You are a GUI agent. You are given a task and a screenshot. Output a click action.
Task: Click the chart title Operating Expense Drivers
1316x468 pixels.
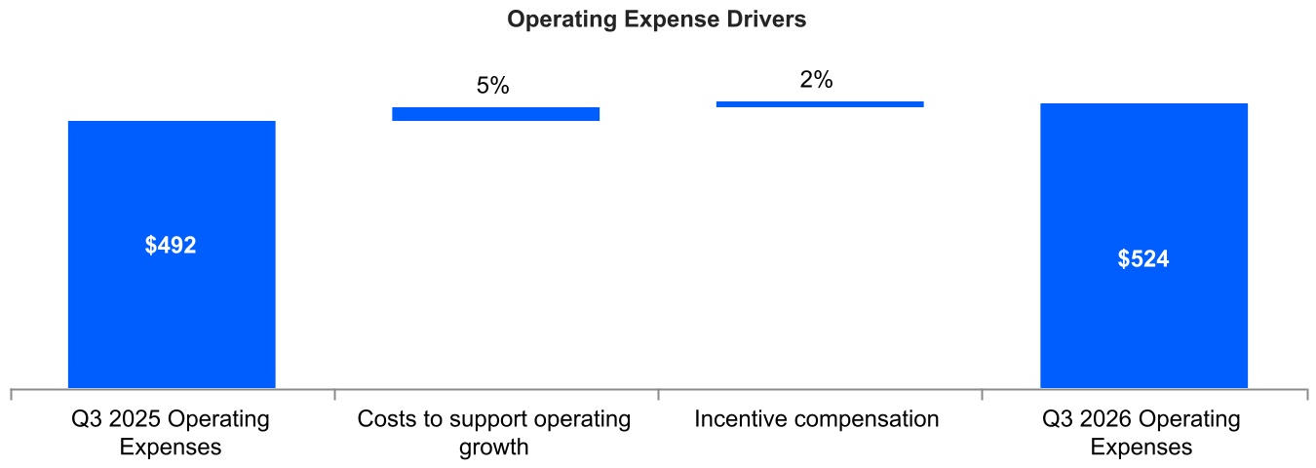click(x=656, y=19)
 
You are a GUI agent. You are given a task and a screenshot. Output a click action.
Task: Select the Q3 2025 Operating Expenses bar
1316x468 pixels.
click(x=172, y=254)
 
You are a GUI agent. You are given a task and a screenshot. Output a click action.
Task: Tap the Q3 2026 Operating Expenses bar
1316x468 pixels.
click(x=1143, y=246)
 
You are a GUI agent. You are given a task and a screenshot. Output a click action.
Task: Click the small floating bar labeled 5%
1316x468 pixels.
click(x=496, y=114)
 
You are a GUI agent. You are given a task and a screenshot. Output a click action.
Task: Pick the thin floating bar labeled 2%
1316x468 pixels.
click(x=820, y=104)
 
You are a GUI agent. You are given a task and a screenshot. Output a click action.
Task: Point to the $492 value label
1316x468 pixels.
click(x=171, y=245)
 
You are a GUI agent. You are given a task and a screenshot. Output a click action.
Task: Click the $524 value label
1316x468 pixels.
click(x=1143, y=258)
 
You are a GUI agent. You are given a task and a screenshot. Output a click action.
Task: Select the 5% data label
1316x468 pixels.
click(x=493, y=86)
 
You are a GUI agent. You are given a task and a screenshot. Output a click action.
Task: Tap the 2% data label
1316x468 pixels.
click(x=816, y=79)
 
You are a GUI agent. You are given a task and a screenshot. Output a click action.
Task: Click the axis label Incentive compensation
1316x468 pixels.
click(x=817, y=419)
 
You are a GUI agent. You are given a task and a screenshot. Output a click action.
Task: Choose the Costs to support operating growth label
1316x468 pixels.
click(x=494, y=433)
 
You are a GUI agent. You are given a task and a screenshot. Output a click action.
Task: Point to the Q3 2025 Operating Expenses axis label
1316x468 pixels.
click(x=171, y=433)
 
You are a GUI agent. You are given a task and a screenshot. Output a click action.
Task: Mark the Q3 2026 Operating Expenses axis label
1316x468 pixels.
click(x=1142, y=433)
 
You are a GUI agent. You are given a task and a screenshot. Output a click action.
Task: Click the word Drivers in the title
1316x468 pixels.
click(x=766, y=19)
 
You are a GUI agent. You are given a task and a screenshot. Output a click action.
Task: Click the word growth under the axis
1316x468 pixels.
click(x=494, y=448)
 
